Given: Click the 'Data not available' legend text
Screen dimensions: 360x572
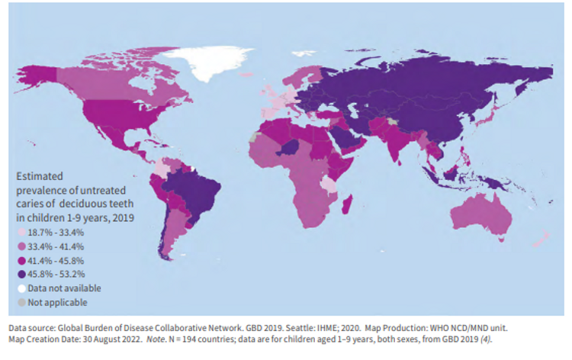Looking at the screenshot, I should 64,288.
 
